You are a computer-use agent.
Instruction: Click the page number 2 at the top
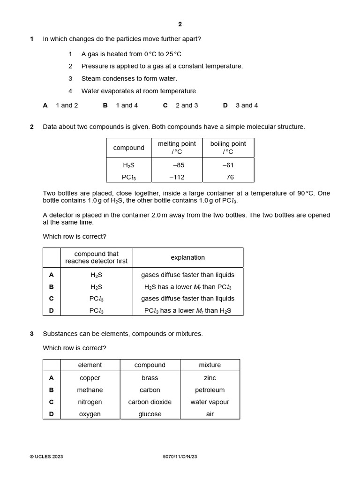pyautogui.click(x=180, y=24)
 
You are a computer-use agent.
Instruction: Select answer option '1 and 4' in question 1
pyautogui.click(x=127, y=105)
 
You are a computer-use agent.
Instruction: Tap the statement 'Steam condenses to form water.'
pyautogui.click(x=129, y=79)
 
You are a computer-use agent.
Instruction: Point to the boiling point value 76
pyautogui.click(x=230, y=177)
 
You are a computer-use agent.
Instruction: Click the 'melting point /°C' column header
pyautogui.click(x=177, y=148)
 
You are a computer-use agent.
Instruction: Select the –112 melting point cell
pyautogui.click(x=177, y=177)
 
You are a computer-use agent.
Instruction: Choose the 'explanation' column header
pyautogui.click(x=187, y=257)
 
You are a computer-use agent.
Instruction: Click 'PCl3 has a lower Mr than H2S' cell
pyautogui.click(x=187, y=310)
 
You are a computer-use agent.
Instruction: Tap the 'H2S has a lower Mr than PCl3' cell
pyautogui.click(x=187, y=287)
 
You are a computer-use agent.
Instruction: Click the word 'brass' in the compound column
pyautogui.click(x=150, y=378)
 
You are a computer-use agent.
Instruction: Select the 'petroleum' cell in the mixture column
pyautogui.click(x=210, y=390)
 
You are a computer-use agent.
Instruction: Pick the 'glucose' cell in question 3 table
pyautogui.click(x=150, y=414)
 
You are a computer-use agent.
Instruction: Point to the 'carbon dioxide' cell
pyautogui.click(x=150, y=402)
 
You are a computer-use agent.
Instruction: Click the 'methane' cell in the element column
pyautogui.click(x=90, y=390)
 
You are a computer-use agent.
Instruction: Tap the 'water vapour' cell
pyautogui.click(x=210, y=402)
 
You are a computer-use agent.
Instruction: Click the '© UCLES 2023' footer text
pyautogui.click(x=46, y=457)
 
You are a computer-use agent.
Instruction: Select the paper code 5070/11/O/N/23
pyautogui.click(x=177, y=457)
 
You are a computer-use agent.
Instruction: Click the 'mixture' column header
pyautogui.click(x=210, y=365)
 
